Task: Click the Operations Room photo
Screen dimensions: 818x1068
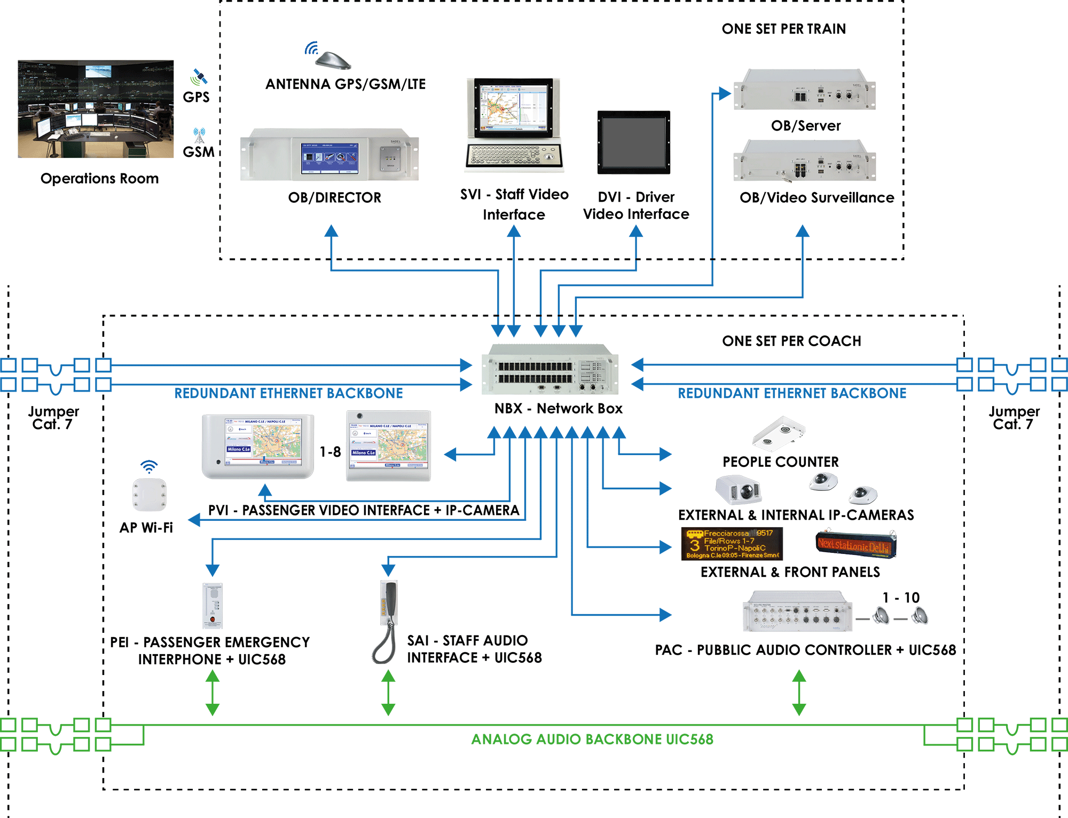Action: (96, 109)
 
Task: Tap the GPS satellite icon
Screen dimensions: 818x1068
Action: (199, 77)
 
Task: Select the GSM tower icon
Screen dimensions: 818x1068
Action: (199, 135)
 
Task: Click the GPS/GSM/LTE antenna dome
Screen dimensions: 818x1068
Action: (333, 60)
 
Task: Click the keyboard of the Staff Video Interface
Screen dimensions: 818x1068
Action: (513, 156)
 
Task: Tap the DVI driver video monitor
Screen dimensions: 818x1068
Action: (633, 142)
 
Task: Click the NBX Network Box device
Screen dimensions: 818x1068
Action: (550, 370)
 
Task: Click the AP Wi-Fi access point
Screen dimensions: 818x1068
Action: (150, 494)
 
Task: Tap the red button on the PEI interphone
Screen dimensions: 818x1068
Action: (213, 620)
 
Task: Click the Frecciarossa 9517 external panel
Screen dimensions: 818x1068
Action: (732, 544)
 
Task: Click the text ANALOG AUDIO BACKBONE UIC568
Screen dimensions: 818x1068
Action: (592, 739)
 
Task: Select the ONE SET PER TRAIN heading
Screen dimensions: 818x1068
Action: (783, 29)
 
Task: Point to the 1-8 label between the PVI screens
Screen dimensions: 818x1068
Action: (330, 452)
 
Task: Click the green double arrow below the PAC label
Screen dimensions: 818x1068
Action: (799, 693)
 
